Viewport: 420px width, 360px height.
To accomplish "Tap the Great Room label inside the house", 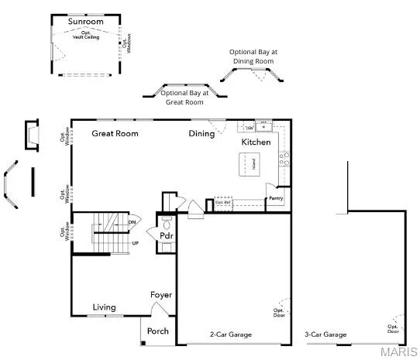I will [115, 134].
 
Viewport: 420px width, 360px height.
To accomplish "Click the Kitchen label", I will [256, 143].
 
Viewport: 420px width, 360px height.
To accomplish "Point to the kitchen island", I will [252, 163].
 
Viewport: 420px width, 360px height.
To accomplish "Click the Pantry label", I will [276, 199].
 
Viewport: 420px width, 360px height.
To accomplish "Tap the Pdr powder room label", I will [166, 236].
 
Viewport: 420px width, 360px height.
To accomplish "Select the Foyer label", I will [161, 295].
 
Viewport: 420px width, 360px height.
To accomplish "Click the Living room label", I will [105, 307].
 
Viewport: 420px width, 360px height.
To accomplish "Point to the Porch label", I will [158, 331].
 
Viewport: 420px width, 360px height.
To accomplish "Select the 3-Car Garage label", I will [326, 335].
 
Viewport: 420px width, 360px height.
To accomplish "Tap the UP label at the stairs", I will [135, 243].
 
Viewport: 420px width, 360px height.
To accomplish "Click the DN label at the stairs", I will [133, 222].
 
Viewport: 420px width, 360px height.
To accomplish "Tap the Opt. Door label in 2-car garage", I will [279, 313].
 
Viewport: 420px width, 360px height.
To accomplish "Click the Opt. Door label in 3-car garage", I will [394, 328].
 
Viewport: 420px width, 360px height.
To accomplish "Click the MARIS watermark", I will [399, 352].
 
